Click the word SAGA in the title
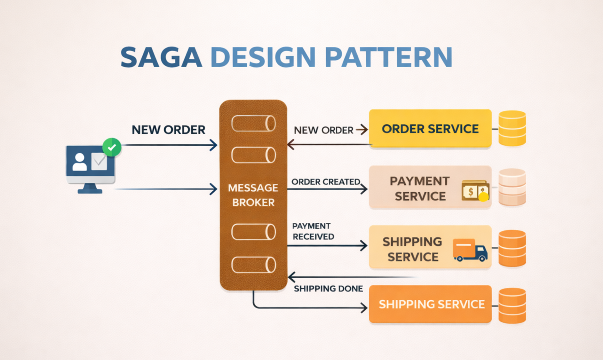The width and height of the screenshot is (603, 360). coord(161,57)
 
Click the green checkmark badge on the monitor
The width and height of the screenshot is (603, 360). coord(112,147)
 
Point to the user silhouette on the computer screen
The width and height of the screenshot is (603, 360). coord(80,162)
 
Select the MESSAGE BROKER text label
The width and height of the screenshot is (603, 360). coord(253,195)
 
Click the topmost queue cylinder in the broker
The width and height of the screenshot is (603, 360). coord(253,123)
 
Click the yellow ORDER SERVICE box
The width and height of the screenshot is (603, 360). coord(430,129)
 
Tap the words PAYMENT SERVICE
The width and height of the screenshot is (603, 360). coord(420,188)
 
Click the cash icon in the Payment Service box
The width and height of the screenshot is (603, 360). coord(475,191)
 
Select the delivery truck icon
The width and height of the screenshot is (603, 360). coord(470,250)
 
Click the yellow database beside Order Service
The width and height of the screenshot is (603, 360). coord(512,128)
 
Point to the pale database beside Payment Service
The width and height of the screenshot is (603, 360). coord(512,187)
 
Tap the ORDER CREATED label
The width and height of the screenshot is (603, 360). coord(325,182)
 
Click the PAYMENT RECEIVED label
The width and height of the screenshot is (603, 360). coord(312,231)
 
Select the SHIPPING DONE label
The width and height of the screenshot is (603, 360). coord(328,289)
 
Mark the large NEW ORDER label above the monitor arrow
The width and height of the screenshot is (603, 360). coord(168,129)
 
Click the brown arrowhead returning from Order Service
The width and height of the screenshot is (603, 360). coord(291,145)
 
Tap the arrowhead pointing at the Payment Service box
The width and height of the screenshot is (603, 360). coord(364,189)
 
